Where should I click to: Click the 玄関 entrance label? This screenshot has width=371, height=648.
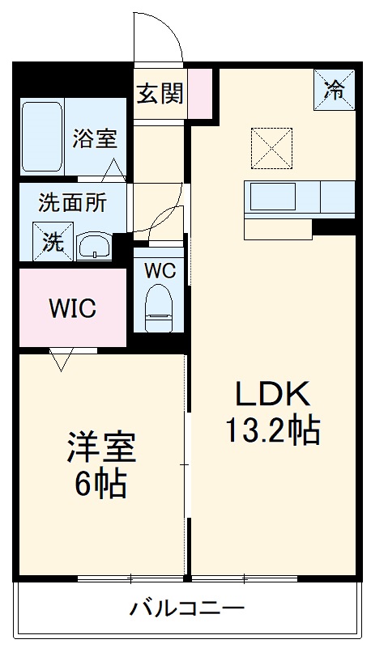click(160, 93)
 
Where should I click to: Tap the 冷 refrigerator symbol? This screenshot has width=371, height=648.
click(335, 89)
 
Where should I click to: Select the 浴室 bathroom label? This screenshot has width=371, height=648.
click(95, 138)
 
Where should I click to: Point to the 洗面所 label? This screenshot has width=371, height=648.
click(72, 202)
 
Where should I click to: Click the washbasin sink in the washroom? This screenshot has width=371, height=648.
click(96, 246)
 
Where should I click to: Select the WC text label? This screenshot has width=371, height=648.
click(160, 271)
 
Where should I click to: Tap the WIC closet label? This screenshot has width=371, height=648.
click(72, 308)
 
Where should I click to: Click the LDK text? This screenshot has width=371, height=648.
click(273, 394)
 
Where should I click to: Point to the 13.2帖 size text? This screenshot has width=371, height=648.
click(272, 430)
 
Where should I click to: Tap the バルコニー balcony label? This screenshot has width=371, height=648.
click(187, 608)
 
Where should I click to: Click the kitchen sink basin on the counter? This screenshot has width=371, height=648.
click(275, 197)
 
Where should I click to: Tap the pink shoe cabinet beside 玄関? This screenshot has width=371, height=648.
click(200, 94)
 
